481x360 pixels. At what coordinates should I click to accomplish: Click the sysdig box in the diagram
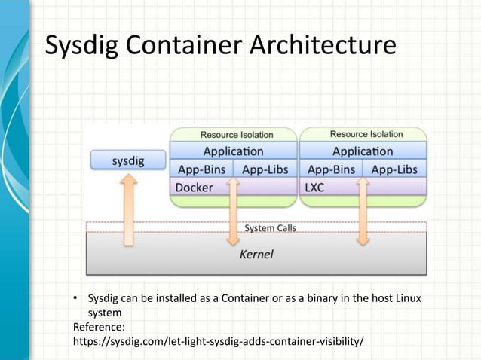click(127, 160)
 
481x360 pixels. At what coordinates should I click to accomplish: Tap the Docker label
click(194, 187)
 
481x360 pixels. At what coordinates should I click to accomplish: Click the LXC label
click(314, 187)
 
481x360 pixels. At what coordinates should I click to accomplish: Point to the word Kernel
click(256, 255)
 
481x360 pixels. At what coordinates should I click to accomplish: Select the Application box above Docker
click(233, 151)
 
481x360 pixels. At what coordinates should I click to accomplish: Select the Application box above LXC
click(363, 151)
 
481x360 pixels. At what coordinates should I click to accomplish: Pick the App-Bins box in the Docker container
click(202, 169)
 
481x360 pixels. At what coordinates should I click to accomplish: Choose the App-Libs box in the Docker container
click(265, 169)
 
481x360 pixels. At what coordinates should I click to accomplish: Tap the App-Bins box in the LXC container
click(332, 169)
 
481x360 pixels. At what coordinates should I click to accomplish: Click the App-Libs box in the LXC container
click(394, 169)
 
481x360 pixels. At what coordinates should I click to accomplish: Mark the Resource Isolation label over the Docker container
click(236, 135)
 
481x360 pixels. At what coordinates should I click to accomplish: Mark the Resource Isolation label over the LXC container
click(366, 134)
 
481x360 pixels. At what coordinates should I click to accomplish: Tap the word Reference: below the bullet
click(98, 327)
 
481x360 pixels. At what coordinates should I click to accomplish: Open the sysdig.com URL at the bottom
click(217, 341)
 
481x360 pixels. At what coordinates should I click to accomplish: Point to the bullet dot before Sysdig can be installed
click(75, 299)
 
